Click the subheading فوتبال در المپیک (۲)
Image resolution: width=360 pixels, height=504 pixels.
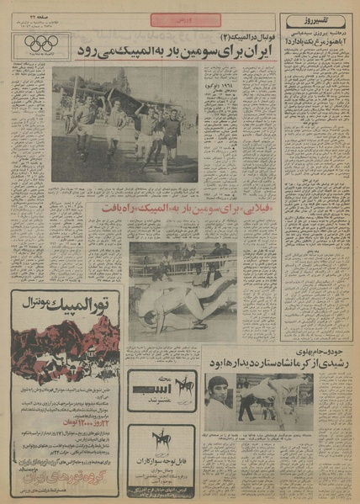click(x=225, y=37)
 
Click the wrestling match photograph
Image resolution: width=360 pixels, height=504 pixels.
click(x=181, y=290)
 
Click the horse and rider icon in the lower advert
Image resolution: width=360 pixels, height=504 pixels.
click(x=156, y=441)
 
